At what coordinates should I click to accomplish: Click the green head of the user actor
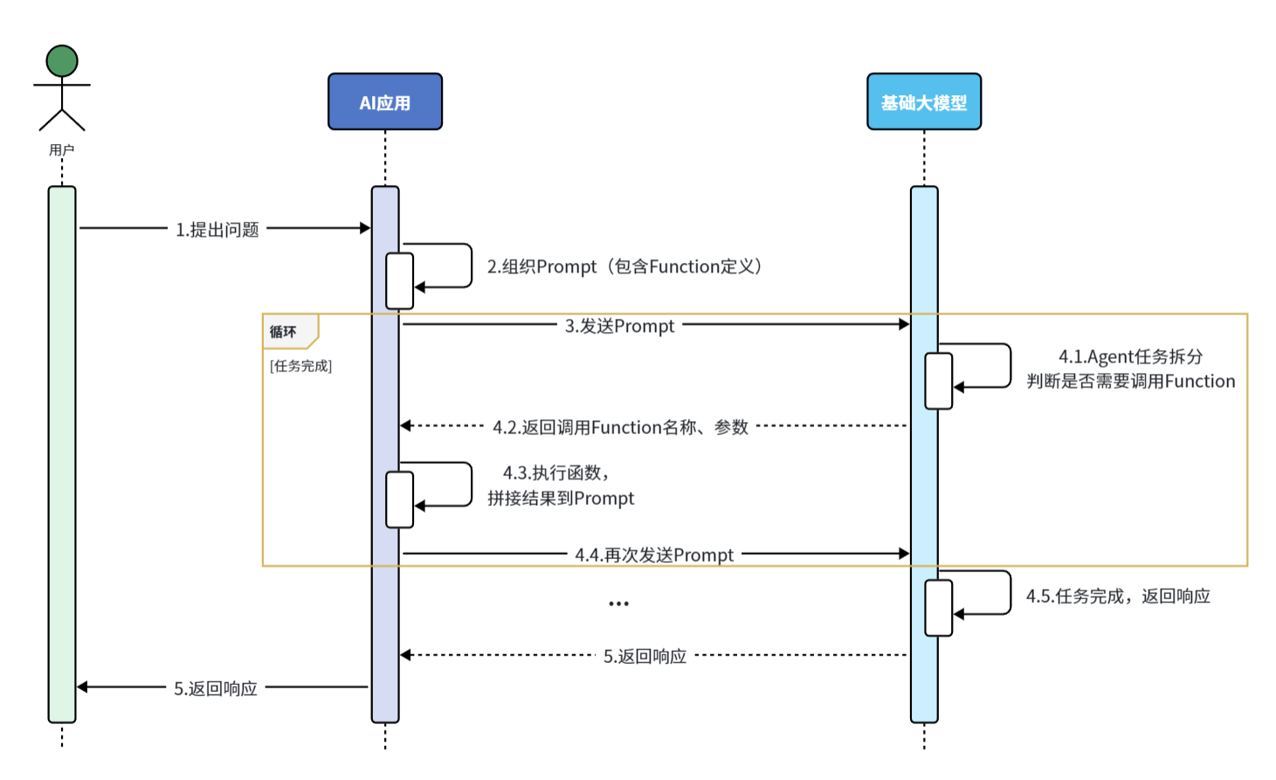[62, 61]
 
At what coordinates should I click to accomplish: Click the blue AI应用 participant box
[385, 102]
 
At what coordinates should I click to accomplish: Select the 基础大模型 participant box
[923, 102]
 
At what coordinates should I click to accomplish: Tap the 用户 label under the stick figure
[62, 150]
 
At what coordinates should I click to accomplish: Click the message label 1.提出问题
[217, 230]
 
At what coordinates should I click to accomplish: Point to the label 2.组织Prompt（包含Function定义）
[624, 266]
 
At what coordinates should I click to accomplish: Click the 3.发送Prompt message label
[619, 326]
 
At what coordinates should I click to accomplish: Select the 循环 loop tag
[284, 332]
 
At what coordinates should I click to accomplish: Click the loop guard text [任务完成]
[300, 366]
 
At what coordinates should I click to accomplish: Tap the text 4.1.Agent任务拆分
[1130, 356]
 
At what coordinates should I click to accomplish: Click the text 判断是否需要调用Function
[1130, 382]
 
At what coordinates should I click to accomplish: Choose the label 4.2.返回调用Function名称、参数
[620, 427]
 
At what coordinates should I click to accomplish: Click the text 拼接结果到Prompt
[561, 499]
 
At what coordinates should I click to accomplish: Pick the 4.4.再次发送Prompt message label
[654, 555]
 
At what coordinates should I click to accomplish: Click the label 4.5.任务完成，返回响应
[1118, 597]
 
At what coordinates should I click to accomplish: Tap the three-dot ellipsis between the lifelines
[618, 604]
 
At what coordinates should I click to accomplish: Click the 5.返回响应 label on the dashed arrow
[645, 656]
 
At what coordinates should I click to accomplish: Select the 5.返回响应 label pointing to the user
[216, 688]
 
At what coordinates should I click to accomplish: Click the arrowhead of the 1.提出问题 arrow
[365, 228]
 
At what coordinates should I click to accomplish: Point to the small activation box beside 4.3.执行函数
[400, 500]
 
